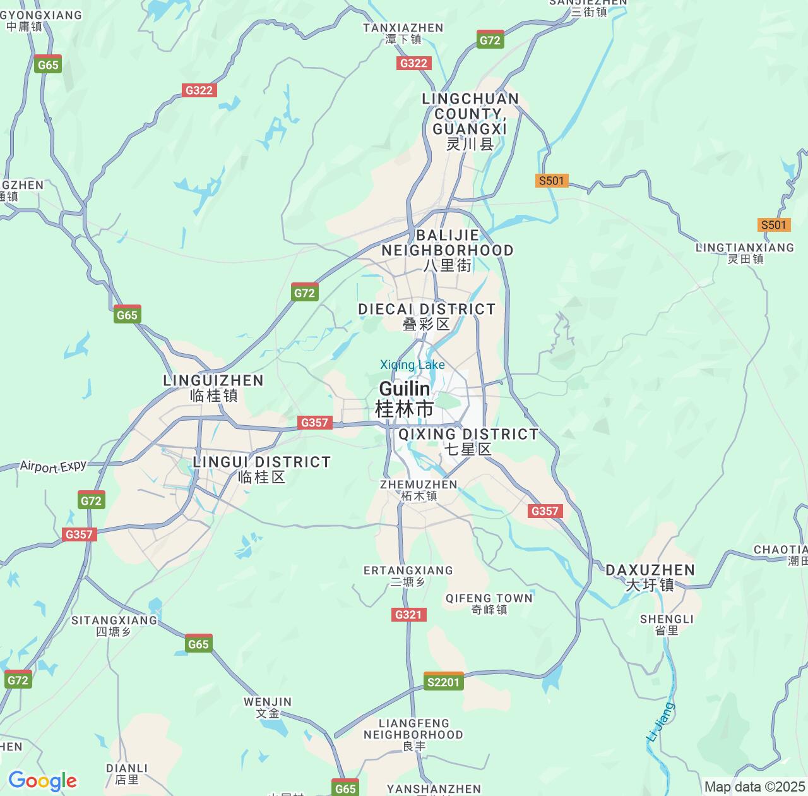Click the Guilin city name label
tap(405, 399)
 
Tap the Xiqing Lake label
tap(412, 365)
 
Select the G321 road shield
tap(408, 615)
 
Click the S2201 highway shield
tap(443, 682)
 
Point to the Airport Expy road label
tap(53, 466)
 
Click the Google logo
tap(42, 781)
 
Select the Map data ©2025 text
tap(754, 787)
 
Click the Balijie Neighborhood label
tap(448, 250)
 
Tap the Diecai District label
tap(427, 316)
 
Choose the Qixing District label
tap(468, 441)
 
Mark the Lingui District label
tap(261, 469)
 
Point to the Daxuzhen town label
tap(650, 577)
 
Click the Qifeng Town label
tap(489, 603)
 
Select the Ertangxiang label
tap(408, 576)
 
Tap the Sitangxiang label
tap(114, 625)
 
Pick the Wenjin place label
tap(268, 707)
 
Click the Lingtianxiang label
tap(745, 253)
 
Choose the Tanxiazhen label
tap(403, 33)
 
